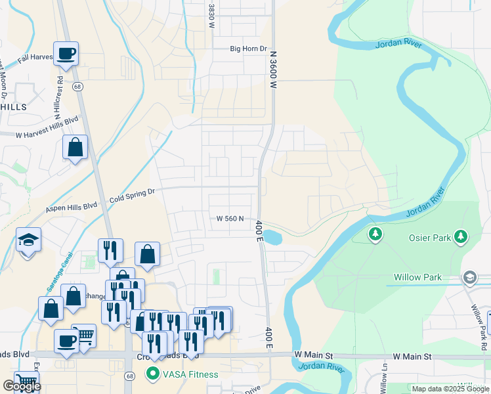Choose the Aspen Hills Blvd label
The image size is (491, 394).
[x=72, y=206]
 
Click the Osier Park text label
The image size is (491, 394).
[x=430, y=238]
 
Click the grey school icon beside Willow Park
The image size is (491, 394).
[x=469, y=278]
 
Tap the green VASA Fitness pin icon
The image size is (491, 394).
[x=153, y=375]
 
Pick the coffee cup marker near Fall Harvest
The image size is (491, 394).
[x=66, y=53]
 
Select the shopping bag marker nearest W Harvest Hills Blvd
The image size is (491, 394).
[x=75, y=147]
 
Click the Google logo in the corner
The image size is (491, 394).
[x=22, y=386]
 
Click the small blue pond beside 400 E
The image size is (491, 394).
[x=274, y=236]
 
